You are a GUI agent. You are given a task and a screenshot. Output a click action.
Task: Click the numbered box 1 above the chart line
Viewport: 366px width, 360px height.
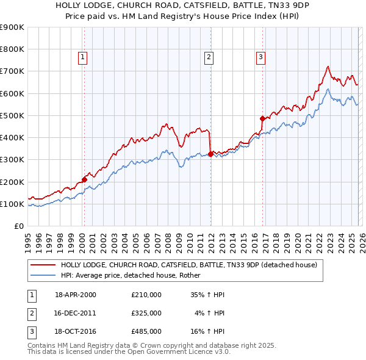82,57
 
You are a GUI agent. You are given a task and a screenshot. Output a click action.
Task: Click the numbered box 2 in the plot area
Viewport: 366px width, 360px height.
209,57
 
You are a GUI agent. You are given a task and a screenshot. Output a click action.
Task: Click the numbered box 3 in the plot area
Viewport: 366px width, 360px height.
260,57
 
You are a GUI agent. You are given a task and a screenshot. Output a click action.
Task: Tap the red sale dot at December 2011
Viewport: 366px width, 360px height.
210,154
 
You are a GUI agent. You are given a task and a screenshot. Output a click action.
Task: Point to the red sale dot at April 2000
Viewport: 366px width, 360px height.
84,179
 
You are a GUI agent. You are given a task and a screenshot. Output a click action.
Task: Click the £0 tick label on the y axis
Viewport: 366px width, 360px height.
19,226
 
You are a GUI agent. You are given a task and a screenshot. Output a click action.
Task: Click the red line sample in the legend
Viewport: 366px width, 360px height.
43,265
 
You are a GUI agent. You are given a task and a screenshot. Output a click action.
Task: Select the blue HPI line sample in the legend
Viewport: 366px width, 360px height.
43,275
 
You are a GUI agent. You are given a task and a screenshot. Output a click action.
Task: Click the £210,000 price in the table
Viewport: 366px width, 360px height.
146,295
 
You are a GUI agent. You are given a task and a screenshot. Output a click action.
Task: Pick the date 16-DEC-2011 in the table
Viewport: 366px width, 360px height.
76,313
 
